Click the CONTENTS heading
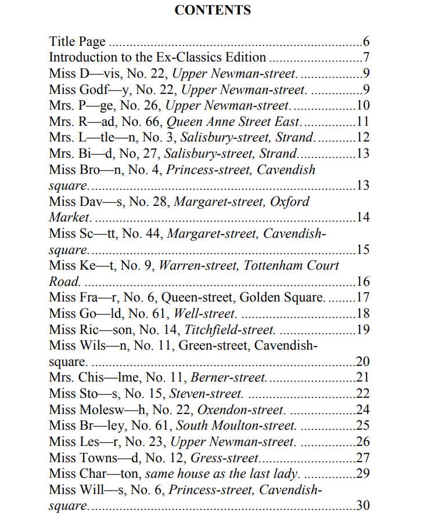tap(213, 10)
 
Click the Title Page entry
tap(77, 41)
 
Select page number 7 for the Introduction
tap(366, 57)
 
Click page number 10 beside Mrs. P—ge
tap(363, 106)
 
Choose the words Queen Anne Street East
tap(234, 122)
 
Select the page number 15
tap(363, 250)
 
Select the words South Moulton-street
tap(236, 426)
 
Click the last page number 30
tap(363, 506)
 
